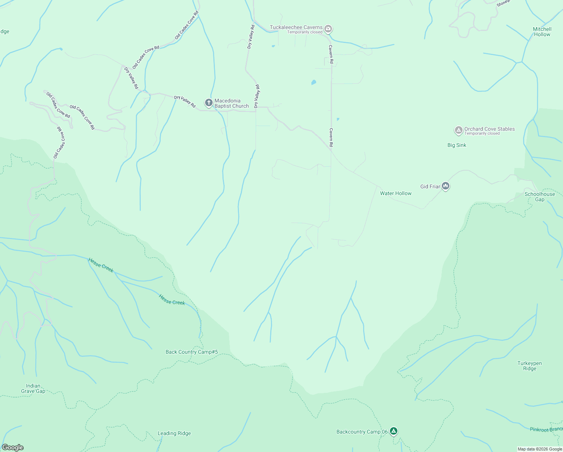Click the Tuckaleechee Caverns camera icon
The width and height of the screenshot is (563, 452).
pos(328,29)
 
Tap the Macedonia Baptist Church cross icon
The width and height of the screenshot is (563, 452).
pos(208,102)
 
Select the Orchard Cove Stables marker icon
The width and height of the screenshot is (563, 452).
pos(458,130)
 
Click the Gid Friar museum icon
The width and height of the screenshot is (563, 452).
pos(446,186)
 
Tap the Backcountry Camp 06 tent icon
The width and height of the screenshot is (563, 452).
pos(393,431)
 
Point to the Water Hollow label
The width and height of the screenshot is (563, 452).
pos(396,193)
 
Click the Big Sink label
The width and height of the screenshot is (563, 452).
pos(456,145)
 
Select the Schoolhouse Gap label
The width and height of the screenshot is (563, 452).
pos(540,197)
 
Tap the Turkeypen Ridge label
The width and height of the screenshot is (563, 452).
pos(530,366)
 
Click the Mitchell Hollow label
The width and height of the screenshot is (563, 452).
pos(542,32)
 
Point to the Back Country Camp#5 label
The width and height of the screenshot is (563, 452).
pos(192,352)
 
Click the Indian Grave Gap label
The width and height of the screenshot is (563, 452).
pos(33,388)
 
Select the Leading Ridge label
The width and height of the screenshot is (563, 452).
pos(174,433)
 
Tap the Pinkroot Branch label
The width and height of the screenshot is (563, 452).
pos(546,429)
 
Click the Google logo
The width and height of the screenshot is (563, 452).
pos(12,447)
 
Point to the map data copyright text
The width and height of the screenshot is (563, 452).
pos(539,449)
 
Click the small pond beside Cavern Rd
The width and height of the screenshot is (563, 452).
pos(313,82)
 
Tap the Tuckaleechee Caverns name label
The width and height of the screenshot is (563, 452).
pos(296,27)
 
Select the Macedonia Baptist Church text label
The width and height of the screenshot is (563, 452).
pos(231,103)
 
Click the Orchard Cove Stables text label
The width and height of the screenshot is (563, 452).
pos(489,129)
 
